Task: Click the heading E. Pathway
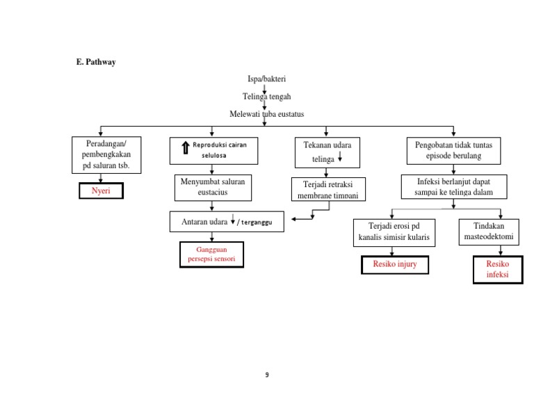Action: [96, 62]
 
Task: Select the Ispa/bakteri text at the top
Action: [266, 79]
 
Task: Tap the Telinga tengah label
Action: [266, 97]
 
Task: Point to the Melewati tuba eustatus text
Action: [266, 113]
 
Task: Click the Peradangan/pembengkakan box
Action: [106, 154]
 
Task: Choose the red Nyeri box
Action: [101, 190]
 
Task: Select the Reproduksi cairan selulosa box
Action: [213, 151]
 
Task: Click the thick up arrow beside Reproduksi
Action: [186, 147]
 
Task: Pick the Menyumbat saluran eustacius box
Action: [213, 187]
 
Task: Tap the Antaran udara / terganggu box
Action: [227, 221]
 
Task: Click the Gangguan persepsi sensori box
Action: [211, 254]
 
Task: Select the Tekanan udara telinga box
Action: [327, 152]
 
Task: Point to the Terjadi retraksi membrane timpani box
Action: [329, 188]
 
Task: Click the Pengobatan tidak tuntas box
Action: [453, 151]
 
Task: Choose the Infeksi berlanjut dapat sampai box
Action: [453, 186]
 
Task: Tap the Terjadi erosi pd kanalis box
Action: [394, 232]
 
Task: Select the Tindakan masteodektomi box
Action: [489, 232]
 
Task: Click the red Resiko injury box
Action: [394, 264]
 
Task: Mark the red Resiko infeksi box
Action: [497, 270]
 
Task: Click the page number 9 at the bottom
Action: [267, 375]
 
